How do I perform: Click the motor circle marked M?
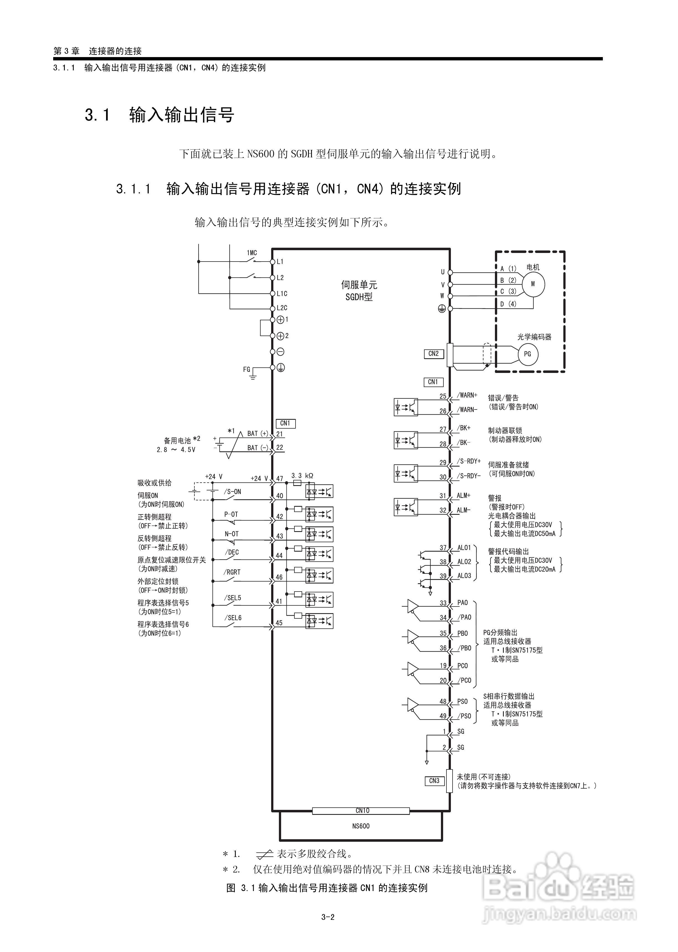(533, 284)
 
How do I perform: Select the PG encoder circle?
(527, 354)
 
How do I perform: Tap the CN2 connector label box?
(433, 354)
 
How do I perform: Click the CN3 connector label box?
(434, 780)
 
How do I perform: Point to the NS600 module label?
(361, 826)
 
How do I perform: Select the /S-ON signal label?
(233, 492)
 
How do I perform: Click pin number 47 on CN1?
(279, 479)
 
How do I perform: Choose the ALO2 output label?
(464, 562)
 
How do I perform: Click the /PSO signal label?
(464, 716)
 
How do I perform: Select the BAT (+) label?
(258, 433)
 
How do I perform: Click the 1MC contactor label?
(252, 253)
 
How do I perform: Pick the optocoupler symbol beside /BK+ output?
(406, 440)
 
